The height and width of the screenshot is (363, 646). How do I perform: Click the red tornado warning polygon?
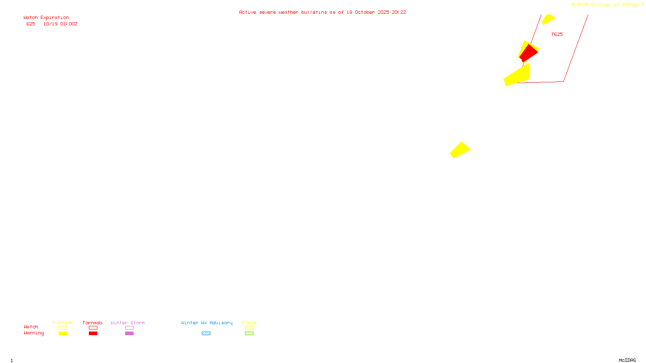coord(528,53)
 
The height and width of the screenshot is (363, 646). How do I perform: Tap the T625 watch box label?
coord(557,34)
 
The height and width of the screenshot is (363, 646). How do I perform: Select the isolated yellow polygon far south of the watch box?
coord(460,150)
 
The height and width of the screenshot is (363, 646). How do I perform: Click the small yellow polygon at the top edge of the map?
coord(548,19)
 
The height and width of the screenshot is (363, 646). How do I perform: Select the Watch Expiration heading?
coord(46,17)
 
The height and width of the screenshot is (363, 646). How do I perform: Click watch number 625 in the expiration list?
coord(31,24)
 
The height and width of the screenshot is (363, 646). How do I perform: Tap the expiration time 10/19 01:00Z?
coord(60,24)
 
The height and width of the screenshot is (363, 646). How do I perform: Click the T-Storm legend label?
coord(62,323)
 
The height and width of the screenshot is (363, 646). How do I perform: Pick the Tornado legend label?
coord(92,323)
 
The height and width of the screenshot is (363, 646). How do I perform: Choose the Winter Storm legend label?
coord(128,323)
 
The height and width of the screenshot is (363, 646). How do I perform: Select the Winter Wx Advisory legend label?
coord(207,323)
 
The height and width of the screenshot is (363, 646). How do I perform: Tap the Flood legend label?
coord(249,323)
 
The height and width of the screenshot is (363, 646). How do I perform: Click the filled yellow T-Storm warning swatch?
coord(63,334)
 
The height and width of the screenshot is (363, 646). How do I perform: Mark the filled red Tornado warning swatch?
coord(93,334)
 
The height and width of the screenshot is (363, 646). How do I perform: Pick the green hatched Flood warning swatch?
coord(249,334)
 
